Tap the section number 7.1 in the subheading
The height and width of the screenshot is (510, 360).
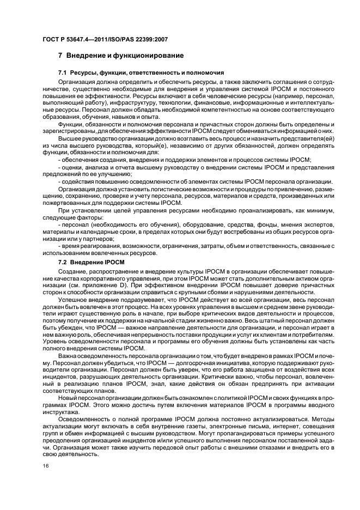63,72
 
